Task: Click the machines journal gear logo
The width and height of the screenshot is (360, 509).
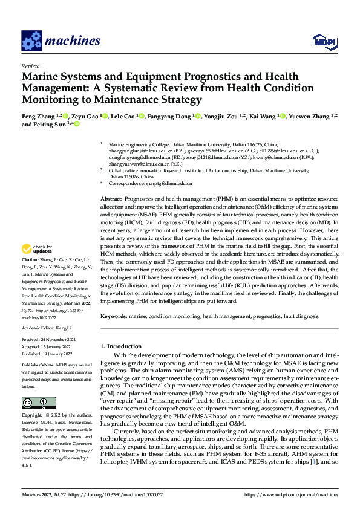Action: (31, 41)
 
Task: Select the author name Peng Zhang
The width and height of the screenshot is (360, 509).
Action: (38, 115)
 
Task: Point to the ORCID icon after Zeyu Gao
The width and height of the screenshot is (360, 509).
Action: (105, 115)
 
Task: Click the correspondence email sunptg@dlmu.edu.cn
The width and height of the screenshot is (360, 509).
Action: (167, 183)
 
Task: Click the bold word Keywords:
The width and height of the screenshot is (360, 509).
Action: (114, 316)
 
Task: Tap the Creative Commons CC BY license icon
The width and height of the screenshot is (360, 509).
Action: (39, 403)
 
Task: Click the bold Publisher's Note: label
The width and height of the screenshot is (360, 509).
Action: (38, 366)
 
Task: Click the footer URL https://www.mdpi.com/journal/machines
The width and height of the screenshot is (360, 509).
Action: (290, 494)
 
